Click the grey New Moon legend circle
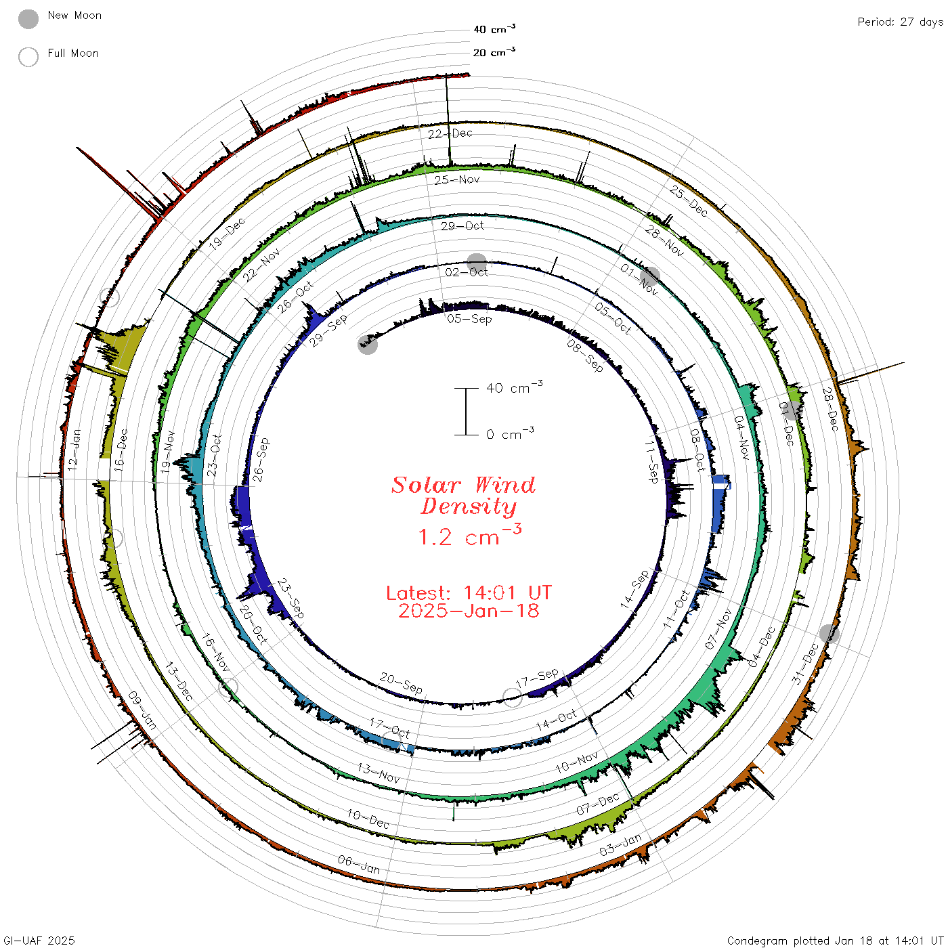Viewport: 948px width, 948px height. point(28,19)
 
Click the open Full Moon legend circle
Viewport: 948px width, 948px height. point(28,57)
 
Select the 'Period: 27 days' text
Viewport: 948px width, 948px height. point(901,22)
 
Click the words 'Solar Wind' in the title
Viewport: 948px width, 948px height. point(463,485)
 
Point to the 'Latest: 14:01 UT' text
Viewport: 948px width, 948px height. point(469,592)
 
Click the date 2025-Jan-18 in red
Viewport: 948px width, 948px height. point(469,611)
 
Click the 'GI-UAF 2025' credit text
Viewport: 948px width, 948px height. point(39,941)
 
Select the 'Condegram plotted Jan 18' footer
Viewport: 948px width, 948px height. point(797,941)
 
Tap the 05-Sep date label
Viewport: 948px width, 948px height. point(469,319)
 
